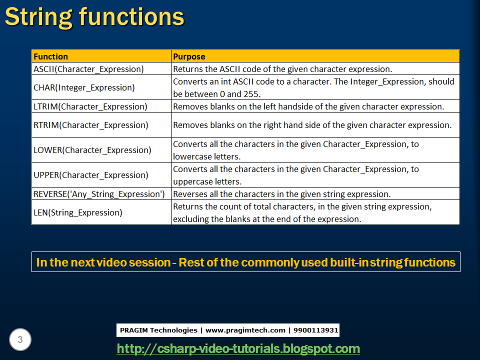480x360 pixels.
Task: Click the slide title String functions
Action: tap(94, 17)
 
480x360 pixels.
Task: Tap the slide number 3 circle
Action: tap(20, 339)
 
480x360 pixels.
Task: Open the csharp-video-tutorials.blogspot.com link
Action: tap(238, 348)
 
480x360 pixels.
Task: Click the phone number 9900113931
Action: tap(315, 330)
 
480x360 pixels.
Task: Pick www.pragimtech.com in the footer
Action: tap(245, 330)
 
